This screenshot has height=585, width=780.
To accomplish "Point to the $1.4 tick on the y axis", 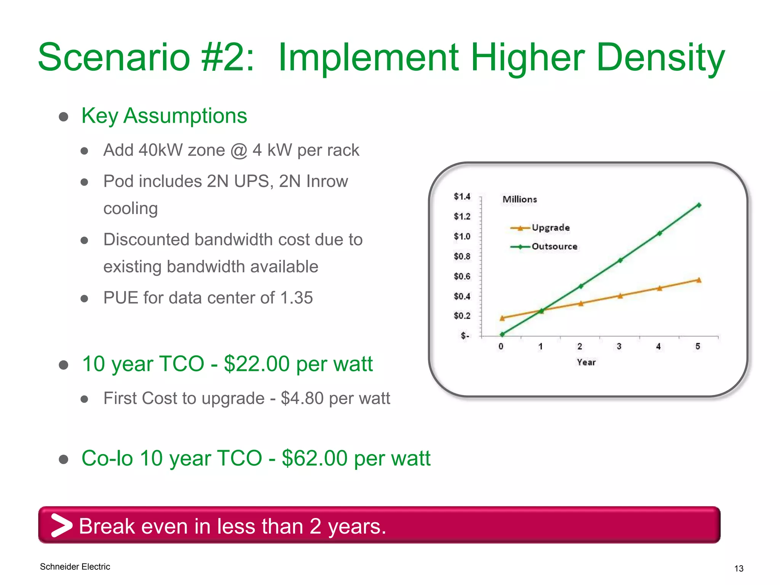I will (462, 197).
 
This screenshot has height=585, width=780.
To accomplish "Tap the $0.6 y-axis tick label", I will (462, 276).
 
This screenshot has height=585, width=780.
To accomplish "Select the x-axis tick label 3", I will (619, 346).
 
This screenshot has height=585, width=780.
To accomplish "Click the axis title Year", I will (586, 362).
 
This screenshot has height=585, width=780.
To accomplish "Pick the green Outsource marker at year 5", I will (699, 205).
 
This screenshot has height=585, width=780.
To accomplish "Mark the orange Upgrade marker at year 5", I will (699, 280).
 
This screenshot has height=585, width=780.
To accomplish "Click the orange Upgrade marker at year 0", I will (502, 318).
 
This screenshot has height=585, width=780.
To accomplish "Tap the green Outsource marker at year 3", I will (620, 261).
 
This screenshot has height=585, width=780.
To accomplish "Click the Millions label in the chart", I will (519, 199).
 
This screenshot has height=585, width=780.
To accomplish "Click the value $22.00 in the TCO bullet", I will (257, 364).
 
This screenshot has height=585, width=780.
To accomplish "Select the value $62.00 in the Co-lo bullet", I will (315, 458).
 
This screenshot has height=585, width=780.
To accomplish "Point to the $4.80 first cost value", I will (302, 398).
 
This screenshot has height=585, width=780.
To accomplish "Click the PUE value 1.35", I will (296, 298).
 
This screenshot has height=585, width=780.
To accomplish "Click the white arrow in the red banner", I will (61, 526).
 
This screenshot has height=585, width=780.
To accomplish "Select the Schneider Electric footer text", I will (75, 567).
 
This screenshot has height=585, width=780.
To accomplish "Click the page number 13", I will (738, 569).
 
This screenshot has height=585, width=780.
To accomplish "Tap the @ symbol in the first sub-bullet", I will (239, 150).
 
